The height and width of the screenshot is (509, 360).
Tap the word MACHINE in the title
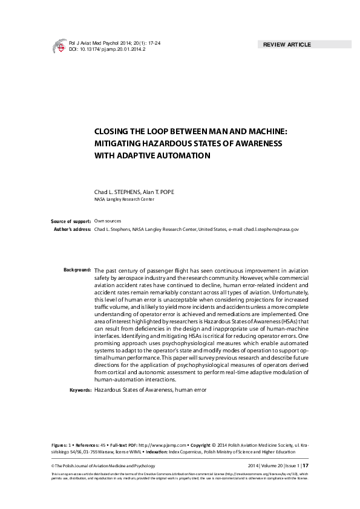tap(261, 130)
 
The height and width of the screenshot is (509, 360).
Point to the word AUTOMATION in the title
tap(182, 155)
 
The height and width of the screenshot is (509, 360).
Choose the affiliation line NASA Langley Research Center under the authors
tap(124, 199)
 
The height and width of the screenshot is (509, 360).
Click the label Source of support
tap(71, 222)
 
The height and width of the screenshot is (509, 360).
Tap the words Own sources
tap(108, 222)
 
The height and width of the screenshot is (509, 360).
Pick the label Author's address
tap(72, 230)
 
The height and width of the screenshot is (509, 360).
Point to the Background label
tap(77, 269)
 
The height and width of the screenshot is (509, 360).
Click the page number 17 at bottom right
tap(306, 465)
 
